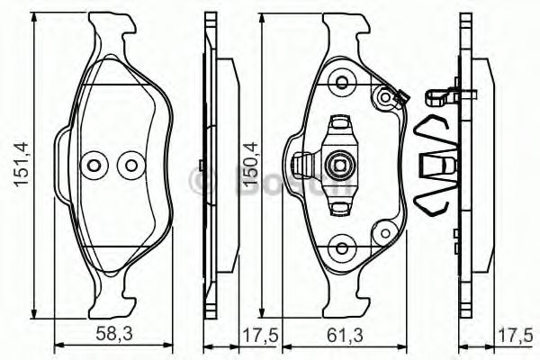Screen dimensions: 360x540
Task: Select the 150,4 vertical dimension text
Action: pyautogui.click(x=250, y=164)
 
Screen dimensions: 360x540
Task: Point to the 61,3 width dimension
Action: pyautogui.click(x=345, y=335)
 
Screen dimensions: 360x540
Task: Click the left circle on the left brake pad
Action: pyautogui.click(x=93, y=165)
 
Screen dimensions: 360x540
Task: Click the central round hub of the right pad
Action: pyautogui.click(x=341, y=164)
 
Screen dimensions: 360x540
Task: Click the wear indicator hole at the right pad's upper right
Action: pyautogui.click(x=389, y=95)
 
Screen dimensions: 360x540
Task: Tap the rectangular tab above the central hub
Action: pyautogui.click(x=341, y=122)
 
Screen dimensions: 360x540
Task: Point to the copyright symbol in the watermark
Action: pyautogui.click(x=202, y=182)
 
